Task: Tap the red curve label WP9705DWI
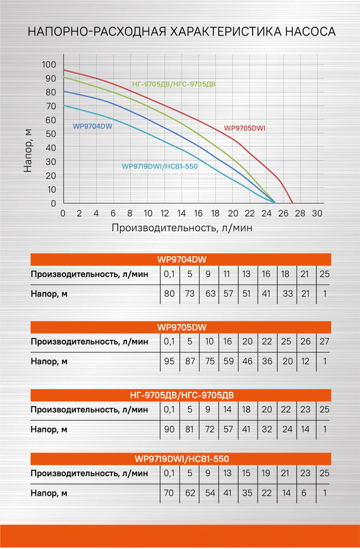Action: point(245,128)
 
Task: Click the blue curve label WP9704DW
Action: point(92,126)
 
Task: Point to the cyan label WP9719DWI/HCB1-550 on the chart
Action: point(160,166)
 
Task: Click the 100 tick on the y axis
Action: point(49,64)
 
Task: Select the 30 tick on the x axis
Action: point(317,213)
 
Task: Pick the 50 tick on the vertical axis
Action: point(52,134)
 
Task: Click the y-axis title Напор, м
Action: point(28,149)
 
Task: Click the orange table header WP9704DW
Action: point(181,259)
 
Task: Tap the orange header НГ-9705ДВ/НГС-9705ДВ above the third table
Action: point(181,394)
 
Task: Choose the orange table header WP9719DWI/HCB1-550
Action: point(181,459)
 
